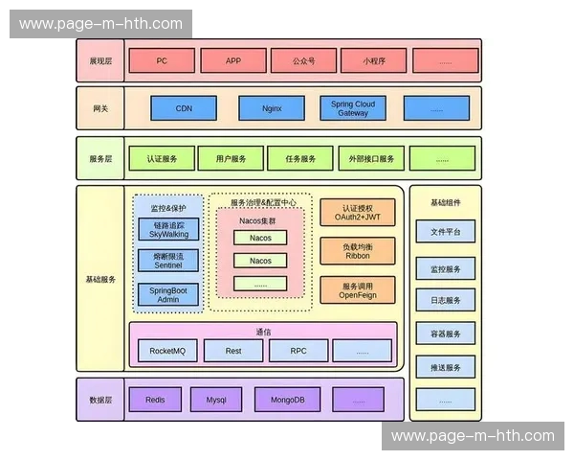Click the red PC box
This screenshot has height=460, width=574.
point(162,60)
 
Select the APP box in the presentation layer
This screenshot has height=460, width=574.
point(233,60)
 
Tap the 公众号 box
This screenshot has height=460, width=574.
point(303,60)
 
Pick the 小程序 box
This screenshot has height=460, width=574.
point(374,60)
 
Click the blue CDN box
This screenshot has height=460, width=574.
point(184,108)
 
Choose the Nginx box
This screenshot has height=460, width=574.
point(272,108)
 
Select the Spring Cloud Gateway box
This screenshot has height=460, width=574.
point(352,108)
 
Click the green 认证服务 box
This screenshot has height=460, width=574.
point(162,159)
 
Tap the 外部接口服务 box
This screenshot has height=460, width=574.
point(372,159)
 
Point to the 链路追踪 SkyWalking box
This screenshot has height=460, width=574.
point(168,230)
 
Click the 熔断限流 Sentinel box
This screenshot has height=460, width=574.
point(168,261)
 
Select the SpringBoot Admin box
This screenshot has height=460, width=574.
point(168,294)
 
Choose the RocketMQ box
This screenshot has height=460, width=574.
point(167,351)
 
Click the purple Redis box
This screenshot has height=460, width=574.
point(155,400)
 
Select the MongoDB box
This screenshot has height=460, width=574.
point(288,400)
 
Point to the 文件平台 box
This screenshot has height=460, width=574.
point(445,232)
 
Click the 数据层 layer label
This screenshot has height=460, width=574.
point(100,400)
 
